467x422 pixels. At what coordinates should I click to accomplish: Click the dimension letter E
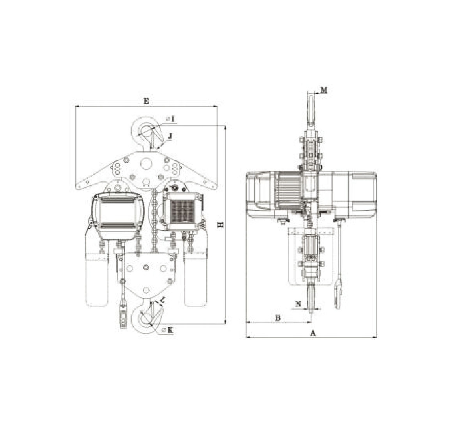[146, 101]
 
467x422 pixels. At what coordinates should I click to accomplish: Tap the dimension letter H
[221, 225]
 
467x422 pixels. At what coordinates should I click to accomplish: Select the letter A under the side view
[313, 333]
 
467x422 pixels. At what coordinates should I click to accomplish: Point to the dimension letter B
[278, 318]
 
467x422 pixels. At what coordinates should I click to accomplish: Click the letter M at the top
[324, 90]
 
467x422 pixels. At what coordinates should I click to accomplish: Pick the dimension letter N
[298, 304]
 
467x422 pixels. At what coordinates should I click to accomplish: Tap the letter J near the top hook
[170, 136]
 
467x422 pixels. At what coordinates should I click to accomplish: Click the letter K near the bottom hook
[170, 330]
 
